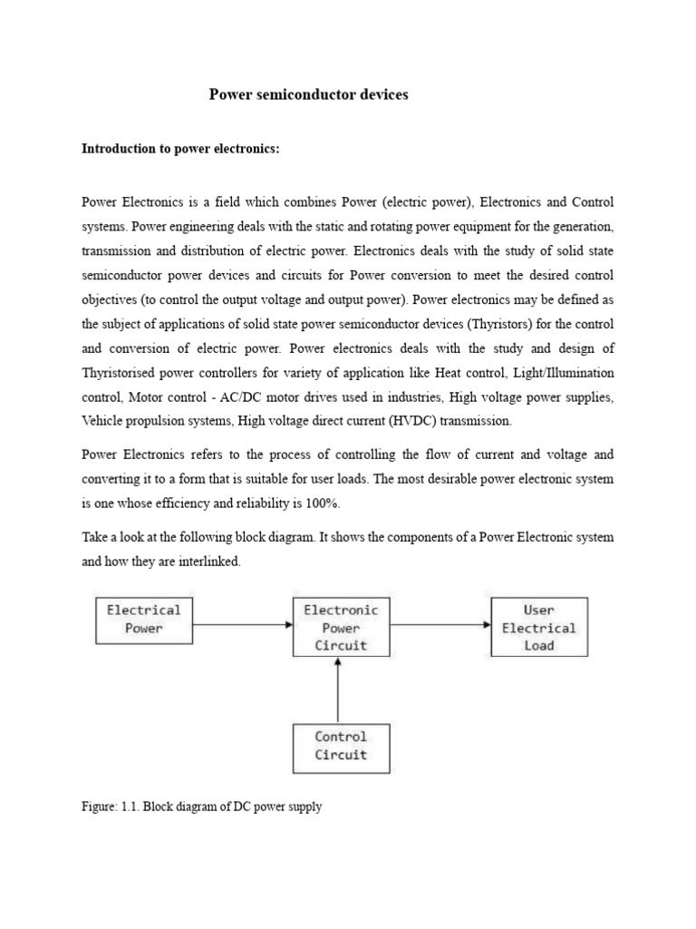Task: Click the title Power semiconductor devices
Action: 309,94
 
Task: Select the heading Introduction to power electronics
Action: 181,149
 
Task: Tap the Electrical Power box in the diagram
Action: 144,620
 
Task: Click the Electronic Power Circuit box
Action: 340,627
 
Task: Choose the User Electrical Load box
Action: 538,627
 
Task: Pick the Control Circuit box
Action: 340,746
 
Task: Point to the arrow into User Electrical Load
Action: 440,624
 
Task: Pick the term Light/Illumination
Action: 562,373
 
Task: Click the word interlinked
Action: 210,562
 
